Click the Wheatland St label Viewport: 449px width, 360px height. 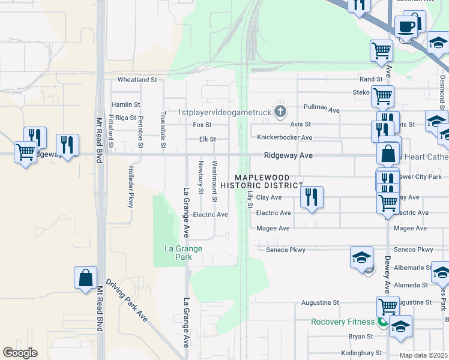click(x=137, y=79)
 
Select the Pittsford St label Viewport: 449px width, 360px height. click(x=111, y=131)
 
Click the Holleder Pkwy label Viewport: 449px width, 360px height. click(x=130, y=187)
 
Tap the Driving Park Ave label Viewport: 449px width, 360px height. click(x=127, y=300)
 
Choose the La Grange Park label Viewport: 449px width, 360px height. click(x=184, y=253)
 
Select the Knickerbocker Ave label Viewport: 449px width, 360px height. click(x=285, y=137)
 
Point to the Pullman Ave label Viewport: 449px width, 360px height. click(x=322, y=110)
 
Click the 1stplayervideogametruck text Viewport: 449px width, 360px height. click(x=225, y=112)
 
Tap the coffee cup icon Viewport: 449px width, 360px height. click(x=406, y=26)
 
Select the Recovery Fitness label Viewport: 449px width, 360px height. click(x=343, y=322)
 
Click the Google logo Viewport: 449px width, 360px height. click(x=20, y=353)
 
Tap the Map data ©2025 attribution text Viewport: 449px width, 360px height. click(x=423, y=355)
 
